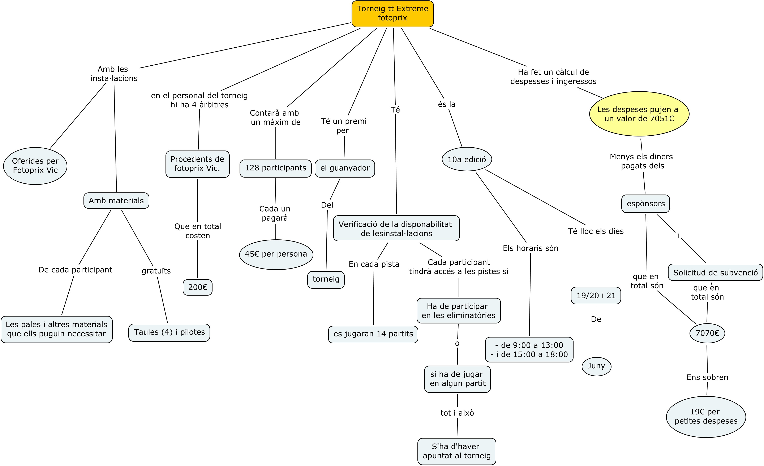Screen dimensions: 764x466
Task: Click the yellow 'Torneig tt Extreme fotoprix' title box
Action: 392,14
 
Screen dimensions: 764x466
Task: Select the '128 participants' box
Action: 275,168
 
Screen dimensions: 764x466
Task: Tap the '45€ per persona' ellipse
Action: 276,254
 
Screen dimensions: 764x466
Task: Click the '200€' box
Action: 198,287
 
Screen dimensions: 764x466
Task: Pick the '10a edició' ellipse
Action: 467,159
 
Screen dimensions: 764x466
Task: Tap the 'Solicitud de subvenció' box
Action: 715,272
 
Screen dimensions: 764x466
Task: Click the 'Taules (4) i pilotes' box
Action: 169,332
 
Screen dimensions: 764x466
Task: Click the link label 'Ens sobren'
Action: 707,377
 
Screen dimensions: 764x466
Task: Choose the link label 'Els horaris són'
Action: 531,248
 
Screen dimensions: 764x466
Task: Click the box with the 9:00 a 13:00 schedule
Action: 529,350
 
